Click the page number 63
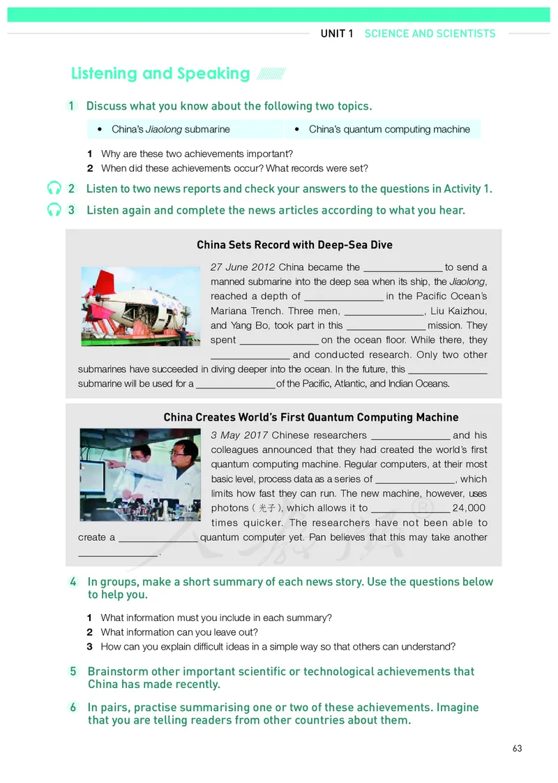(517, 748)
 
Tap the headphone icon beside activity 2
(54, 188)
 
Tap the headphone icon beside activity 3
(54, 210)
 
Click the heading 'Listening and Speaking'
(160, 73)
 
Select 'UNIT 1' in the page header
(337, 33)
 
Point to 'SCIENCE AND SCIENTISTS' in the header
(430, 33)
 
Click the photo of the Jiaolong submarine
(140, 306)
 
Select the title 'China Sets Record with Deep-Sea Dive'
(294, 245)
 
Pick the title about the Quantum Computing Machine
(311, 417)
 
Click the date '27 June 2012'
(242, 267)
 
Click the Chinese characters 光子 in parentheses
(268, 509)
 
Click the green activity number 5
(73, 671)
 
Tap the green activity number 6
(73, 707)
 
